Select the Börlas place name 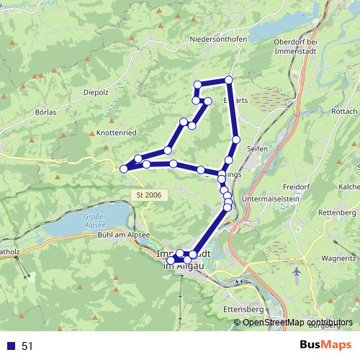coord(46,113)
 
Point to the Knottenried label coord(115,133)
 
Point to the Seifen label coord(256,148)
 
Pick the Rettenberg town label coord(338,213)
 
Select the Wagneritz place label coord(339,258)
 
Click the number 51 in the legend coord(28,346)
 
